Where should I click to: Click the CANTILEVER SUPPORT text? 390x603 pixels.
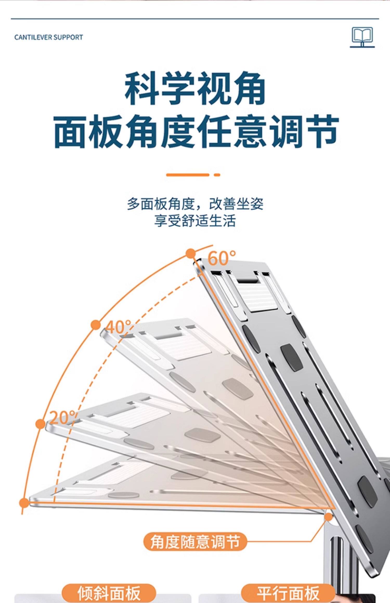pyautogui.click(x=49, y=37)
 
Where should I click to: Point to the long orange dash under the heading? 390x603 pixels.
pyautogui.click(x=187, y=175)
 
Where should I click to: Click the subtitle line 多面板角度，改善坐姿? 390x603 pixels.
pyautogui.click(x=195, y=204)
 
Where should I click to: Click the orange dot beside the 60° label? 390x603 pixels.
pyautogui.click(x=191, y=253)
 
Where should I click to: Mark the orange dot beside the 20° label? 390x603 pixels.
pyautogui.click(x=40, y=424)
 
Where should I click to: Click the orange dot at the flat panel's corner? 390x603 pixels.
pyautogui.click(x=24, y=503)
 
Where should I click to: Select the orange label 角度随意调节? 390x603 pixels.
pyautogui.click(x=195, y=542)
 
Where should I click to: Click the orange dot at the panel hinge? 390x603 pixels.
pyautogui.click(x=329, y=517)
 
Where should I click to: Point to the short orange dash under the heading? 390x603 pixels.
pyautogui.click(x=217, y=175)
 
